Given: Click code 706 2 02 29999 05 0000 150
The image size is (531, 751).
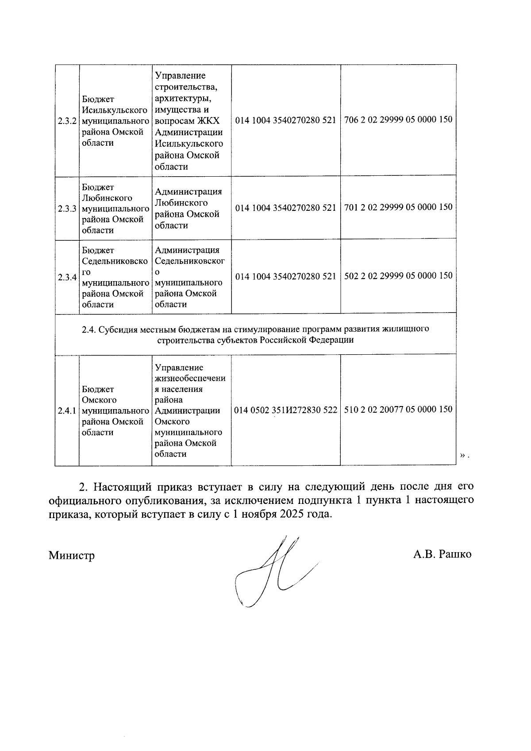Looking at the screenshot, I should (x=398, y=120).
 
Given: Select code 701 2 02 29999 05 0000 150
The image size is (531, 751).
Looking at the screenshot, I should (x=398, y=207).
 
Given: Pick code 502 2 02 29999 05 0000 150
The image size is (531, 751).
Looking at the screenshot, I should (x=398, y=275).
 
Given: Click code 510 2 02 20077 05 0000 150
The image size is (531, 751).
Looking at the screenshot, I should (x=398, y=409).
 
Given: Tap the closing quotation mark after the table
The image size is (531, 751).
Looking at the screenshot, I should (x=462, y=455).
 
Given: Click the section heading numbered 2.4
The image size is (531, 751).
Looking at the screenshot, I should (x=255, y=335).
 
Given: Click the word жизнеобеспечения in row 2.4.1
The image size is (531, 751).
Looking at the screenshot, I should (x=190, y=379).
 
